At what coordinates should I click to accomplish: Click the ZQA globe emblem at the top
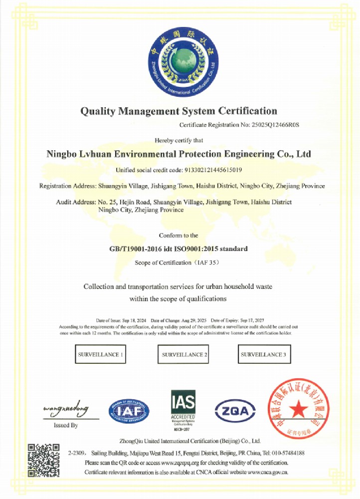point(182,62)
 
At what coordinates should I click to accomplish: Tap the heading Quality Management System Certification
point(179,111)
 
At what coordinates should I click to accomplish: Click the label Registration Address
point(67,186)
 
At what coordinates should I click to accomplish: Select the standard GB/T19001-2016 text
point(139,248)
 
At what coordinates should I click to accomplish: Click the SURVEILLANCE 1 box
point(100,355)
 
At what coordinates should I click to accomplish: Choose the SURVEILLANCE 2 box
point(184,355)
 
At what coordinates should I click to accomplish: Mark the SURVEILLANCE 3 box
point(264,355)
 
